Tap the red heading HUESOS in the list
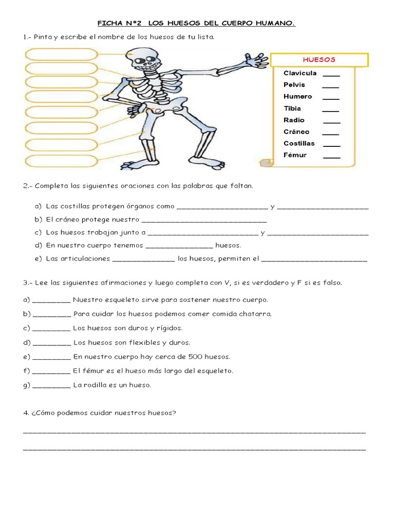[x=319, y=60]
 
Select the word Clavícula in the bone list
[x=300, y=73]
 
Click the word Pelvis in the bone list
[x=294, y=85]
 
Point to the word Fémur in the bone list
[x=295, y=155]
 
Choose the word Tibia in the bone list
[x=292, y=108]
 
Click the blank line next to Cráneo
[x=331, y=133]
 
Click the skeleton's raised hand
[x=256, y=60]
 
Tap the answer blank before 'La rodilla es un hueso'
[x=51, y=386]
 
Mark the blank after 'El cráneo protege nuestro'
[x=204, y=221]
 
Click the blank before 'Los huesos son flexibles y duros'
[x=51, y=343]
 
